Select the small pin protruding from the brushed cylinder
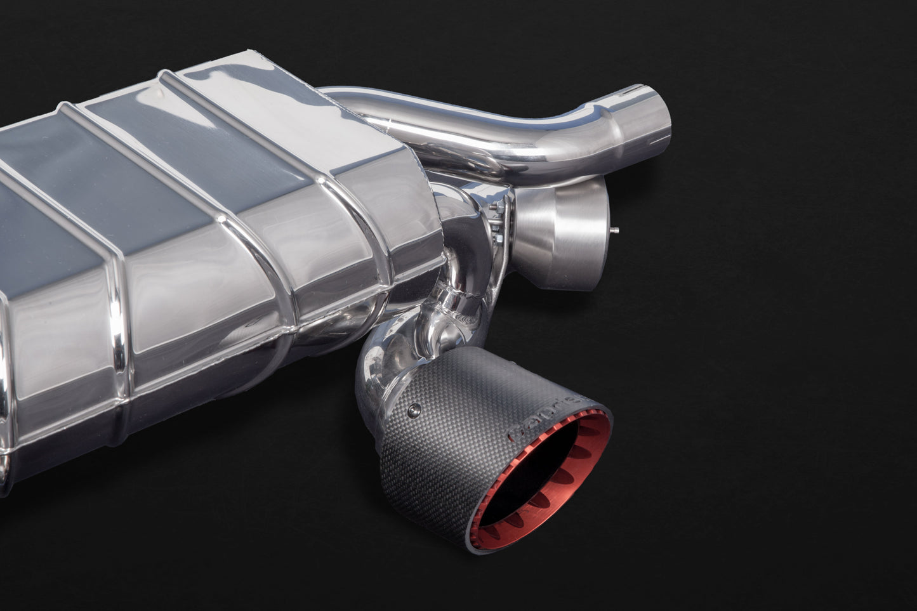616,232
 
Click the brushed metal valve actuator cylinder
558,235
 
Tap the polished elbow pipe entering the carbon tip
381,374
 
